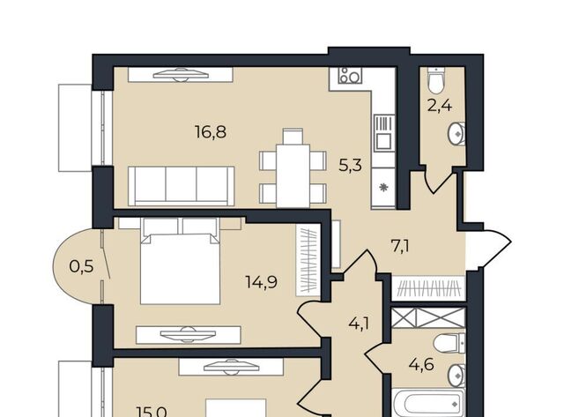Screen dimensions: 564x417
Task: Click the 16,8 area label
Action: tap(211, 132)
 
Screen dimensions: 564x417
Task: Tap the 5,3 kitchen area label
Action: tap(351, 166)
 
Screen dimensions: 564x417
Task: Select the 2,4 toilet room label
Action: tap(440, 106)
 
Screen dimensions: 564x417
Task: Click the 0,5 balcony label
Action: tap(82, 266)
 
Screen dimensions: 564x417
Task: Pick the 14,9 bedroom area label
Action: tap(262, 282)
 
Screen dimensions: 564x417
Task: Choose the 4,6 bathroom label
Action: tap(421, 364)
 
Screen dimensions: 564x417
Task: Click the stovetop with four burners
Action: tap(350, 75)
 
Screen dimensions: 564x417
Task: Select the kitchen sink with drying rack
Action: tap(384, 132)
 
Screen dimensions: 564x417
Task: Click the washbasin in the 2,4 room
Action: tap(456, 134)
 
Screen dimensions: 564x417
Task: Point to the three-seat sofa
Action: tap(182, 186)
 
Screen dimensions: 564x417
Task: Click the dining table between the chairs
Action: tap(293, 176)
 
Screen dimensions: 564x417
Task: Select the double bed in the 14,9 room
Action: tap(180, 261)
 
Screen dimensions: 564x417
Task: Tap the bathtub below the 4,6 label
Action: tap(428, 403)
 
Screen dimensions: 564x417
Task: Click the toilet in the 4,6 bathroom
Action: tap(449, 343)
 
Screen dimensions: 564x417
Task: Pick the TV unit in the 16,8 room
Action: tap(181, 75)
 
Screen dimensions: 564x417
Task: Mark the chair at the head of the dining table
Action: tap(293, 137)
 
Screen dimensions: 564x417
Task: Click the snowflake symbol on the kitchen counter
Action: tap(383, 187)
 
